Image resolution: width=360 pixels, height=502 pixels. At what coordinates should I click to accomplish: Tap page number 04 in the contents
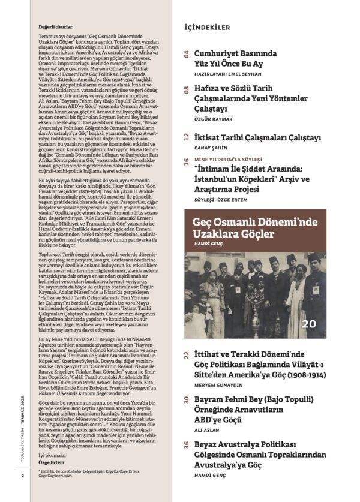[x=186, y=55]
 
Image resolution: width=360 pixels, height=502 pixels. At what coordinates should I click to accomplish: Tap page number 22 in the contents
[x=186, y=356]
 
